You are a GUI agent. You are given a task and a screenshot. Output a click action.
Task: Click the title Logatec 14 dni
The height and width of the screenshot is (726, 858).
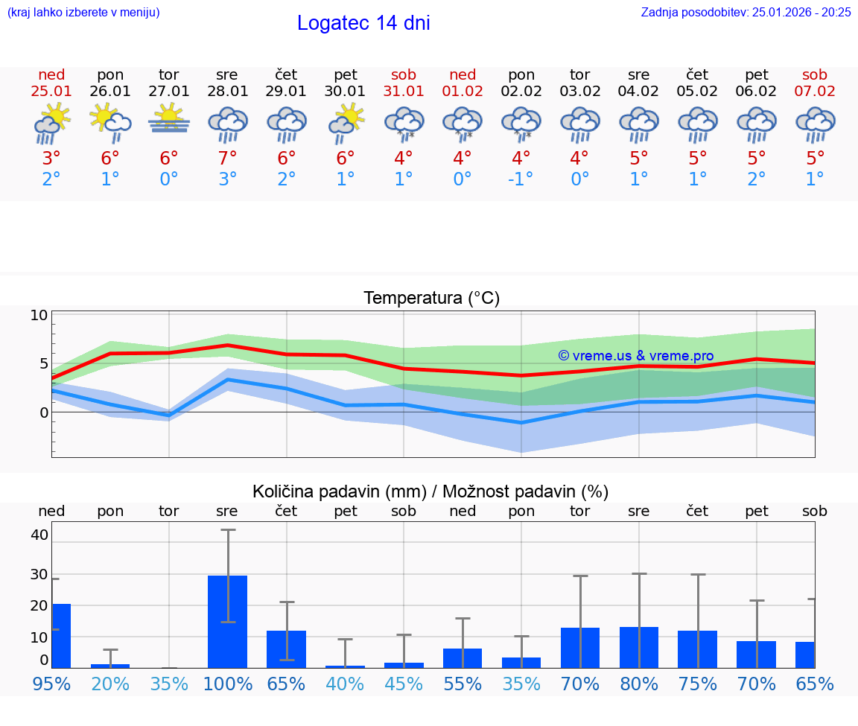pos(363,23)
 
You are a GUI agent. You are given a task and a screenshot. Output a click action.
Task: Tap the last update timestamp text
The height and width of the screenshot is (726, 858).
pos(746,12)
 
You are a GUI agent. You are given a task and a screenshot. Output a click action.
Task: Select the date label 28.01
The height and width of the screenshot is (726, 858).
pos(227,92)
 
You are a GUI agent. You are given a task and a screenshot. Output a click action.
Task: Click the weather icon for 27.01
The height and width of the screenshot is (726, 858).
pos(169,119)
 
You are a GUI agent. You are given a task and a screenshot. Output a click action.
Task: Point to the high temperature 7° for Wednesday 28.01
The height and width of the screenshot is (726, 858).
pos(227,158)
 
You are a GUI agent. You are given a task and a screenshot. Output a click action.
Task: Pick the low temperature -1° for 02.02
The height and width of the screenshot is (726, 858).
pos(521,179)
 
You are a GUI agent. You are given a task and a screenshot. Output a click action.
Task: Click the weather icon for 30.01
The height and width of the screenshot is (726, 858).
pos(346,122)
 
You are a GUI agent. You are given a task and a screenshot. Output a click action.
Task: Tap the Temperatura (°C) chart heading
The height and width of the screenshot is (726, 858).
pos(431,299)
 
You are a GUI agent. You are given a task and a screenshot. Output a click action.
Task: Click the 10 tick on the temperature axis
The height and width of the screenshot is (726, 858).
pos(39,315)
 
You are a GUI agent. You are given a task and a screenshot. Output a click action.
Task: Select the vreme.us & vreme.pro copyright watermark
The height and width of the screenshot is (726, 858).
pos(635,356)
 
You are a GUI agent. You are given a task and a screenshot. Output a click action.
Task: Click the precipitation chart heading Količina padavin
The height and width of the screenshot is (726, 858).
pos(430,491)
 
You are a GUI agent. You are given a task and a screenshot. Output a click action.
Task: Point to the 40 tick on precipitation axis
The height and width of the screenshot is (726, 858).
pos(39,535)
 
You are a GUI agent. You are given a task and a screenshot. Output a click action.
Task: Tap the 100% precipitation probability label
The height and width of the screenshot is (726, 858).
pos(228,684)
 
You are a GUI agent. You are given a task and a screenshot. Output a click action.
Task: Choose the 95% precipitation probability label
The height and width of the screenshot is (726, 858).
pos(51,684)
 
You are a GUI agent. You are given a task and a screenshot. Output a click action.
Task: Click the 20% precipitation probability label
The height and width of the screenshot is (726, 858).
pos(110,684)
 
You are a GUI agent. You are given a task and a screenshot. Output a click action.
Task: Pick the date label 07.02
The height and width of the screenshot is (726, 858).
pos(815,92)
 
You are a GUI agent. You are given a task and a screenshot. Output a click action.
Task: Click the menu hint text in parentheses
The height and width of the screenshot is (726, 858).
pos(83,12)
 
